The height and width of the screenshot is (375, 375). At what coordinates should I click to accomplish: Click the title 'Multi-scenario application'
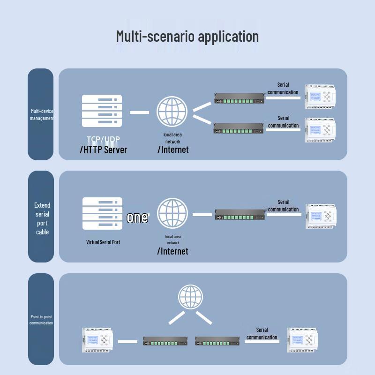pos(187,37)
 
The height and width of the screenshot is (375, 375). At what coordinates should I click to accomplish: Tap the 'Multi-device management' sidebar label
pos(42,115)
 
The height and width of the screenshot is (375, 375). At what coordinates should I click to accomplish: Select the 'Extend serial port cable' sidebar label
pos(42,218)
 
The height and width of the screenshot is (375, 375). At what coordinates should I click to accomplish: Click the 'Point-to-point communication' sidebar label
pos(41,320)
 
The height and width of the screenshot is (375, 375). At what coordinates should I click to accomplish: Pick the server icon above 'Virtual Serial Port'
pos(102,213)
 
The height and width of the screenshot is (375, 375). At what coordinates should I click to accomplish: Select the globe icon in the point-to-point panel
pos(191,297)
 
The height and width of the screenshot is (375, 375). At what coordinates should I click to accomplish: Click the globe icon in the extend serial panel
pos(172,214)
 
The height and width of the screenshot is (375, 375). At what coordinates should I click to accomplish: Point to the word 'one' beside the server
pos(137,218)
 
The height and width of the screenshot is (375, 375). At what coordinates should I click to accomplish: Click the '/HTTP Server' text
pos(103,150)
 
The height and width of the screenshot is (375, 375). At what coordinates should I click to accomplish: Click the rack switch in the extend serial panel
pos(240,215)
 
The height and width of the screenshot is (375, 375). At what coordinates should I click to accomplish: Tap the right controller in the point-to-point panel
pos(303,340)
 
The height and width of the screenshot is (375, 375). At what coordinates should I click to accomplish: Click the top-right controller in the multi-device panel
pos(320,97)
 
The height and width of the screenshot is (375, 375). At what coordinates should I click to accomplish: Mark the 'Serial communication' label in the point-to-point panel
pos(262,334)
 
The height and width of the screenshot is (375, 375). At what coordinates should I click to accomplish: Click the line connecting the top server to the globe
pos(139,112)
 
